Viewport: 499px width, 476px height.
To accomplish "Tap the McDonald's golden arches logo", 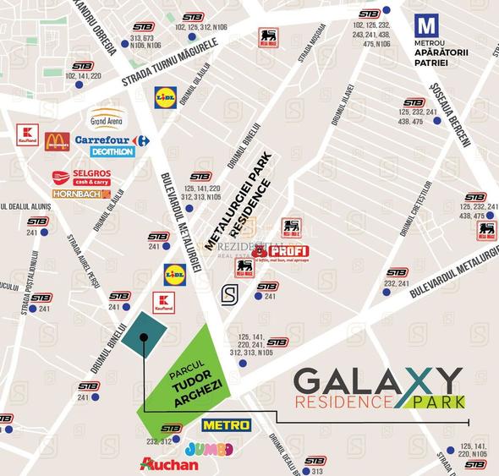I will coord(57,140).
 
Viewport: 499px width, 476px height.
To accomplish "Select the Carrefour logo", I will coord(112,140).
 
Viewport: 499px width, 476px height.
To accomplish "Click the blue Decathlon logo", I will coord(112,152).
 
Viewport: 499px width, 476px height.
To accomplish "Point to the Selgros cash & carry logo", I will coord(81,178).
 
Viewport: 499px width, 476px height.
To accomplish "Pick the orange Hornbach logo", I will coord(81,194).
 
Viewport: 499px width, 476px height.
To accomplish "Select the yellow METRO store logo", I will coord(226,424).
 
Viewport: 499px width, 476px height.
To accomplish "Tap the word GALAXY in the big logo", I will coord(378,380).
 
